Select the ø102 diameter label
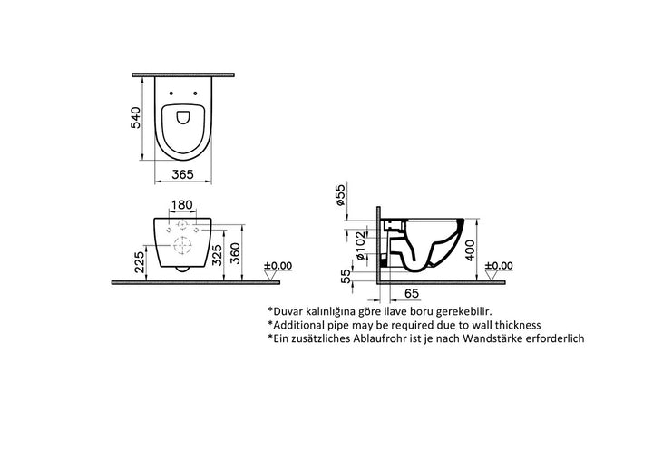360,242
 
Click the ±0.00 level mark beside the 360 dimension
278,266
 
